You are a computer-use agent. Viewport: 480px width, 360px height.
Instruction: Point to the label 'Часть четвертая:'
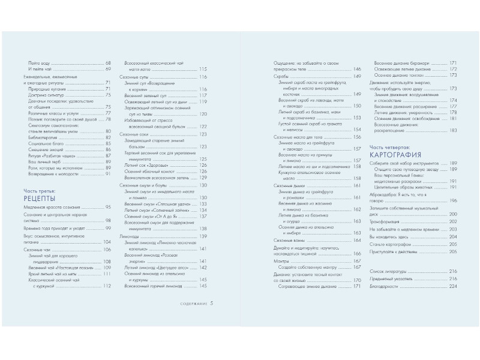tap(388, 146)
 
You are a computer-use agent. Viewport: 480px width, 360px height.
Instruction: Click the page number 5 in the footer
tap(212, 304)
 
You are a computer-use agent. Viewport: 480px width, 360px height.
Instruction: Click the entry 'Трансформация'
tap(386, 221)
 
